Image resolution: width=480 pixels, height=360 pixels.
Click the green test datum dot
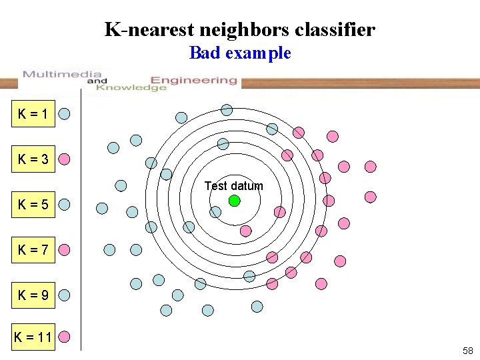click(234, 200)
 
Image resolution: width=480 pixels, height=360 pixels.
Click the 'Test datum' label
click(233, 186)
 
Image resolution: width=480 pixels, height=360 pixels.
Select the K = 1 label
click(34, 114)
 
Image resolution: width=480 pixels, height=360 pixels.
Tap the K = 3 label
click(34, 159)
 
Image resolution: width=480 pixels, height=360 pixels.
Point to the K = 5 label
click(34, 204)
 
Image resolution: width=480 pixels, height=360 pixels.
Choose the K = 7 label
click(34, 250)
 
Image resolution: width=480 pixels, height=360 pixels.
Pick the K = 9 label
click(34, 294)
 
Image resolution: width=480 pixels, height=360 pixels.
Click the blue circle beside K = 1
click(65, 113)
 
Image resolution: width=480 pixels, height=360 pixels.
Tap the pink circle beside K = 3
click(65, 159)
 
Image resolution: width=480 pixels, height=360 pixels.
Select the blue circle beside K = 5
click(65, 204)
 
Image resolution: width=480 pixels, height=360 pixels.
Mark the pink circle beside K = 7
click(65, 250)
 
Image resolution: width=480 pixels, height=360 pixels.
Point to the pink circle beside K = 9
click(65, 294)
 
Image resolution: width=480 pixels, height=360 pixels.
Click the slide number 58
click(467, 351)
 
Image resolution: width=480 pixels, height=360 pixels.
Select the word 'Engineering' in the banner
click(194, 80)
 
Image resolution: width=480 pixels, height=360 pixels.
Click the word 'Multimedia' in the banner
click(62, 74)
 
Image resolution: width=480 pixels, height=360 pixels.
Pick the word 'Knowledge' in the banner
click(131, 87)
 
